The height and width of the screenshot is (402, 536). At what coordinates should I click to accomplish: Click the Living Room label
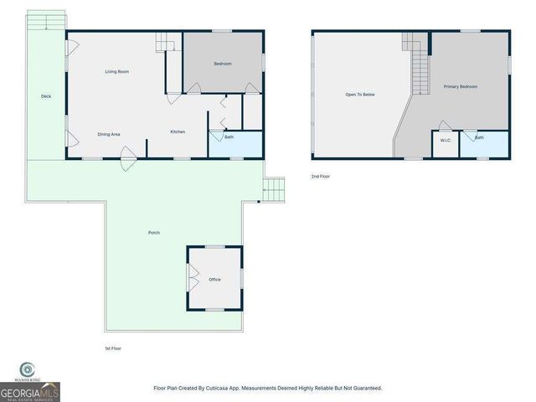(117, 72)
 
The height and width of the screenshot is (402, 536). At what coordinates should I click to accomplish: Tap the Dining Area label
(110, 134)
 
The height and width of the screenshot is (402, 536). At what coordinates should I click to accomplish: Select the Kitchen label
(178, 131)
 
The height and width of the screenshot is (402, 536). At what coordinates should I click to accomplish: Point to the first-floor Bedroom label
(222, 64)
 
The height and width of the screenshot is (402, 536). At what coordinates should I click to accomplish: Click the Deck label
(46, 96)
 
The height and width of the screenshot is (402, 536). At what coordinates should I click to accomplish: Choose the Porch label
(153, 232)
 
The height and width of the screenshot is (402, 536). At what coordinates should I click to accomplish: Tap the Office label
(214, 279)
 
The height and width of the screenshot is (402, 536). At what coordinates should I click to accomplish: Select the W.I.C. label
(446, 140)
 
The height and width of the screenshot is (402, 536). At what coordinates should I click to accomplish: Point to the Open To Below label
(360, 95)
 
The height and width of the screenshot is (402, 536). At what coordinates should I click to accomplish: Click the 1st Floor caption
(112, 348)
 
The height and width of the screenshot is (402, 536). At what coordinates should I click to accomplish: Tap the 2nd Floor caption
(321, 177)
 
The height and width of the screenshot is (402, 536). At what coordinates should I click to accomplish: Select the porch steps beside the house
(273, 190)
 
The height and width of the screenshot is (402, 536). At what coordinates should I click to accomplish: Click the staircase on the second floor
(416, 67)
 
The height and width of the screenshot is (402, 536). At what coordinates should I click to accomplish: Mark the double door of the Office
(192, 279)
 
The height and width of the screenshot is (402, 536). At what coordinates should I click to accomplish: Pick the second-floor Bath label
(479, 137)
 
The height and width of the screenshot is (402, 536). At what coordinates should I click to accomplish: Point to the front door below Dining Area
(127, 157)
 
